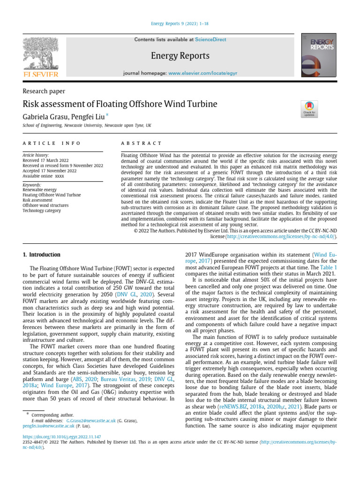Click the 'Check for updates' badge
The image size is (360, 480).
(309, 109)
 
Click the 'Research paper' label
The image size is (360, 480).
(44, 91)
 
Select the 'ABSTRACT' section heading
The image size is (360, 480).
(141, 143)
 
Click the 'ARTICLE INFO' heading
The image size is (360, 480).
(52, 143)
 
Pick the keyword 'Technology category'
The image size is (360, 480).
(42, 210)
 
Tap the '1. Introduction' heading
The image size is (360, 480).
(42, 255)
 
